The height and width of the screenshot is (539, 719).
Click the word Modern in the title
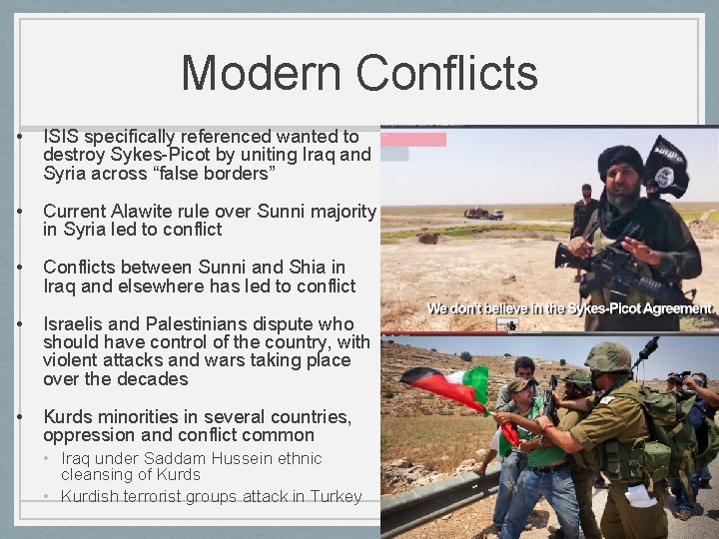(262, 73)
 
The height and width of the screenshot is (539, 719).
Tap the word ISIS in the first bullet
(63, 136)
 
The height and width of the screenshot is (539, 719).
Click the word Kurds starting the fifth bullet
(66, 416)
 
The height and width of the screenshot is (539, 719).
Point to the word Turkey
(337, 496)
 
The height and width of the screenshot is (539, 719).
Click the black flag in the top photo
(666, 167)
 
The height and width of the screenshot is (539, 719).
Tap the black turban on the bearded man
(620, 159)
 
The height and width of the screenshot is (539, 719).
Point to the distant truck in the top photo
(483, 213)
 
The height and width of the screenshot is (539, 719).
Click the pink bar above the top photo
(413, 140)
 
